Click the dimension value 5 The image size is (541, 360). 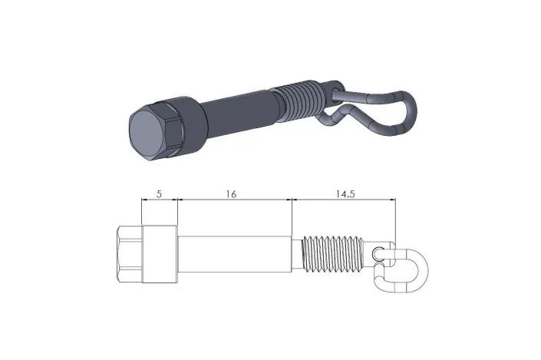tap(159, 195)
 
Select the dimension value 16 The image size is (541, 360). tap(231, 195)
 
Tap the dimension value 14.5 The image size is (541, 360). tap(345, 195)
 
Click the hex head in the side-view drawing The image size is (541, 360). tap(130, 253)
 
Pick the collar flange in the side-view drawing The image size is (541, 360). tap(162, 253)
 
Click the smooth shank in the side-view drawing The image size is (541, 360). tap(234, 253)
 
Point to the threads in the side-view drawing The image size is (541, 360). tap(334, 254)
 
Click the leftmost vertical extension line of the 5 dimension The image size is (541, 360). tap(142, 211)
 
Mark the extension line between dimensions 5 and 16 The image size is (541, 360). tap(178, 211)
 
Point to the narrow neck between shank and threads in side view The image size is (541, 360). tap(299, 253)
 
